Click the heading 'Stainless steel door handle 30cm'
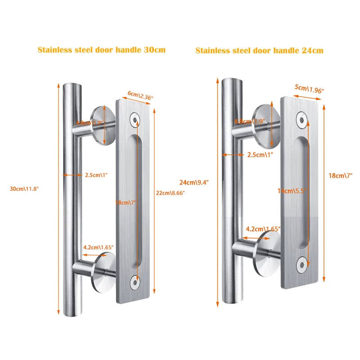(101, 49)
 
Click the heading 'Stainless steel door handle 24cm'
(259, 50)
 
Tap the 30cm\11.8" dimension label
(25, 189)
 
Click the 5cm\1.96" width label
(310, 89)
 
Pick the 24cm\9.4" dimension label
(194, 182)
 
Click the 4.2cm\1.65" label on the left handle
(98, 247)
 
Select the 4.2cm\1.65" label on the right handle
(263, 229)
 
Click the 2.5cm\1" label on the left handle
(96, 175)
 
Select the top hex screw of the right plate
(301, 119)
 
